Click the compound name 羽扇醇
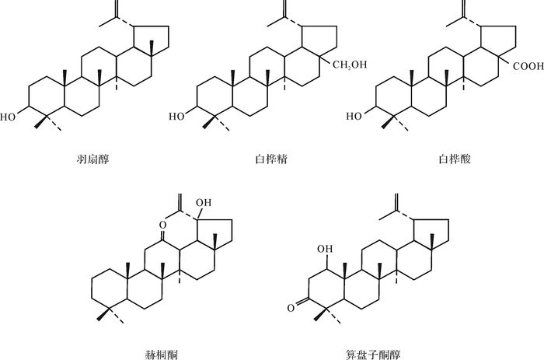point(92,159)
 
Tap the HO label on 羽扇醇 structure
point(8,118)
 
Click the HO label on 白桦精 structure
point(177,117)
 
